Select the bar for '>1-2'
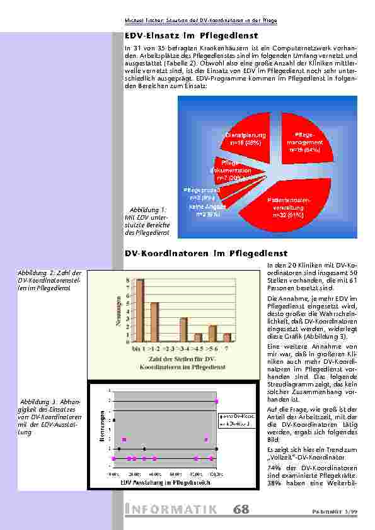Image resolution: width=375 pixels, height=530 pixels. click(x=154, y=322)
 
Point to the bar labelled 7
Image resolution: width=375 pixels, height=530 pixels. click(x=227, y=337)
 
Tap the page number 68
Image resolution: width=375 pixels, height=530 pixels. click(x=241, y=509)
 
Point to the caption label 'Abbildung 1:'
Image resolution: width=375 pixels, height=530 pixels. click(x=148, y=210)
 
